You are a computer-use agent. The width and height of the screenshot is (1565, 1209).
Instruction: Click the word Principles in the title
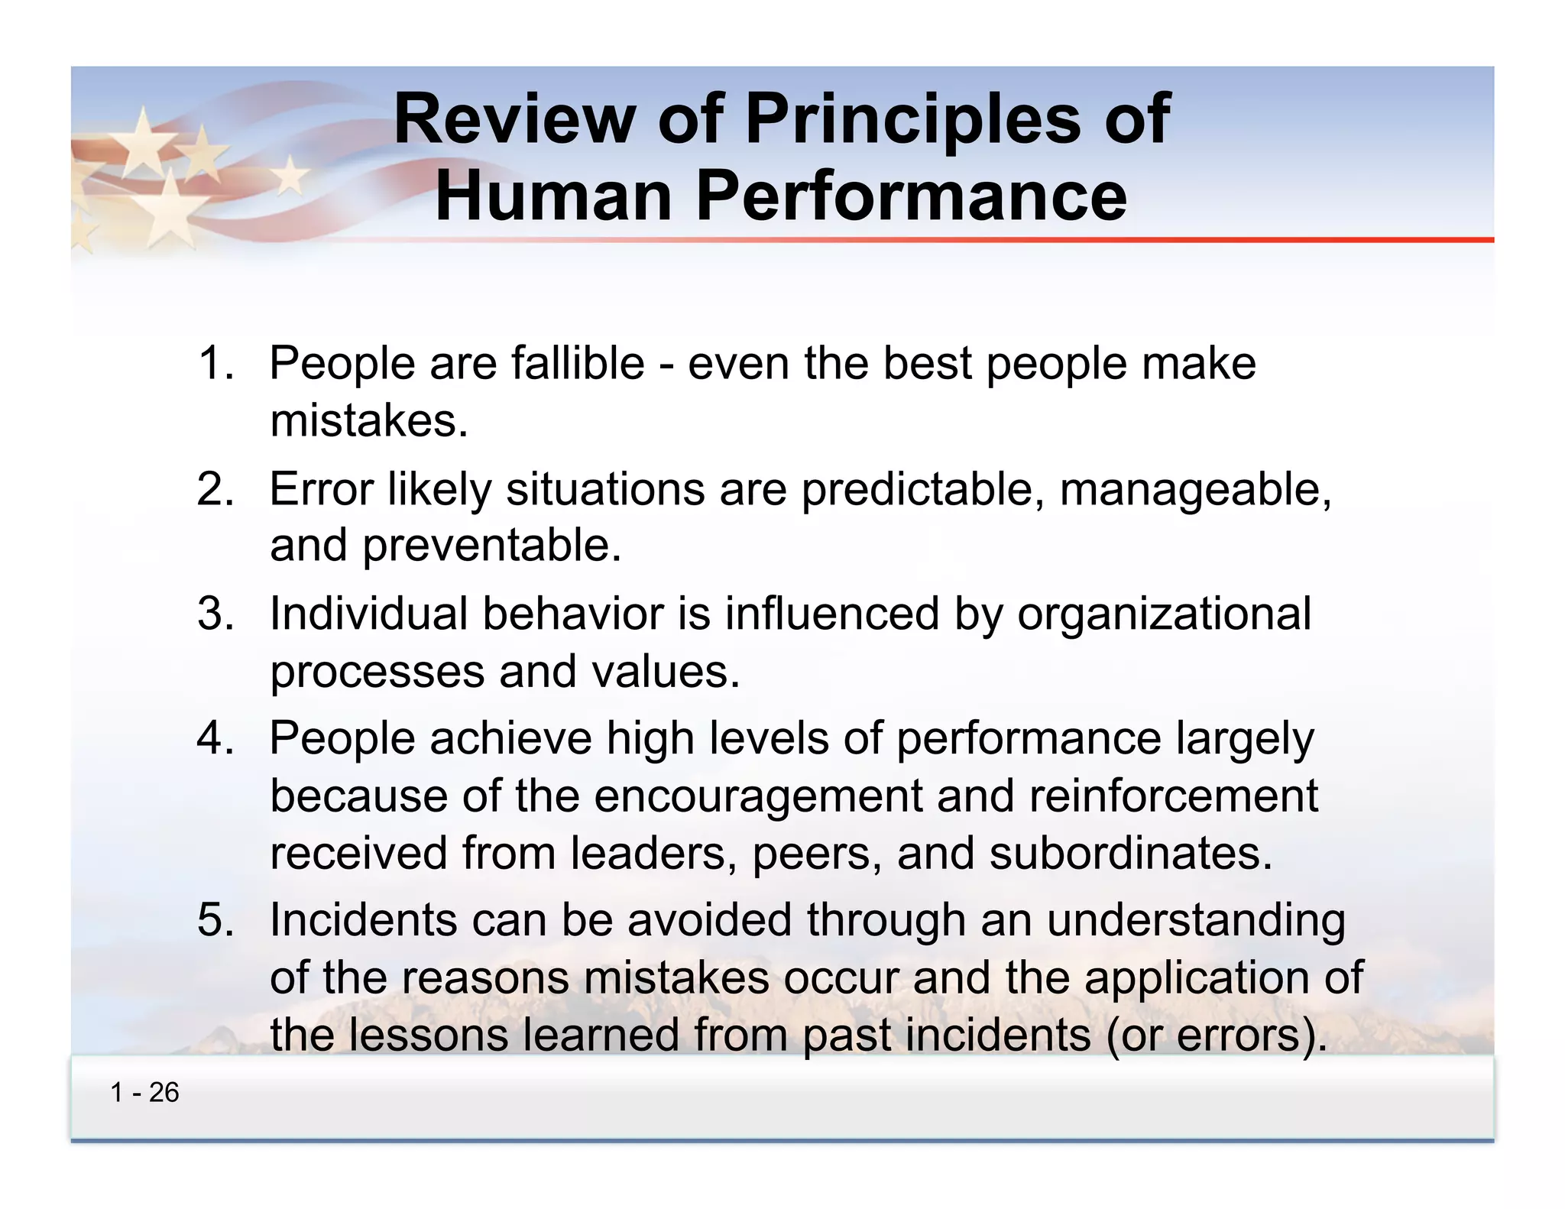pos(912,119)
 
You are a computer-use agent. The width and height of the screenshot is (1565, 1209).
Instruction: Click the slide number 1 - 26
pos(144,1093)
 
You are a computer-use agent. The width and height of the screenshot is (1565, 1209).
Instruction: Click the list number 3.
pos(215,614)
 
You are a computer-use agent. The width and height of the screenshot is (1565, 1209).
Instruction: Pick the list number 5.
pos(215,919)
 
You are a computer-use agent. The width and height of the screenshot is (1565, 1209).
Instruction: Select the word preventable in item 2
pos(492,546)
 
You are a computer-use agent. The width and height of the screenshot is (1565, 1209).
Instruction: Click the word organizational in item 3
pos(1164,614)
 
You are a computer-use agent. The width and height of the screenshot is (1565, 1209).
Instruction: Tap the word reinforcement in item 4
pos(1173,796)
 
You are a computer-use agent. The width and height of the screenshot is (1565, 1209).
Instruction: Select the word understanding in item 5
pos(1196,919)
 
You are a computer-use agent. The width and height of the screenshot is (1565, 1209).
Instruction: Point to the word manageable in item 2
pos(1196,489)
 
